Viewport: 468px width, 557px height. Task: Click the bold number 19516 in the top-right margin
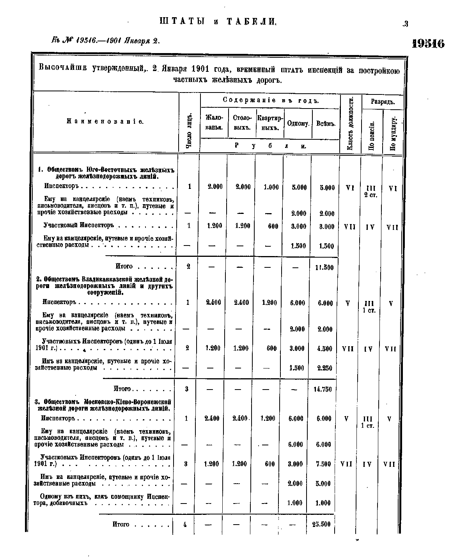[428, 43]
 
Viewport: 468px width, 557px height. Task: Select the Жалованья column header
[214, 123]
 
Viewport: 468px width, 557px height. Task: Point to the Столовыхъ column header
[242, 123]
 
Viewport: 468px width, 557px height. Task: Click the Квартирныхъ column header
[270, 123]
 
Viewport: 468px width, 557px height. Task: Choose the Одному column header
[298, 124]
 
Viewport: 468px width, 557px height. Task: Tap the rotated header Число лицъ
[190, 131]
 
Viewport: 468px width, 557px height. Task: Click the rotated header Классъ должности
[351, 124]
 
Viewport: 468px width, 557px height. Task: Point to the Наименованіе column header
[105, 122]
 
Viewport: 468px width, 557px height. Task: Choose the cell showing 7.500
[323, 464]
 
